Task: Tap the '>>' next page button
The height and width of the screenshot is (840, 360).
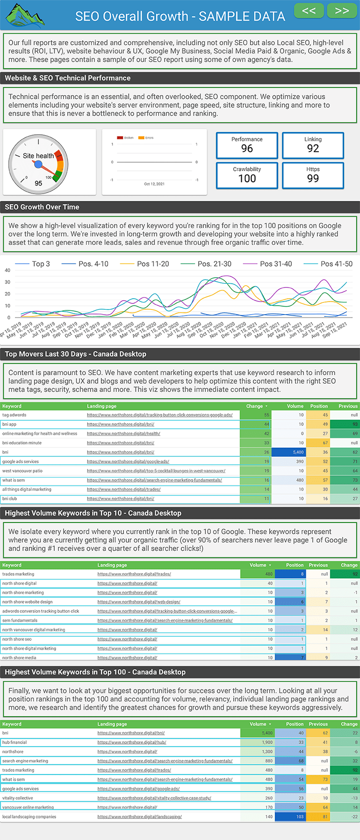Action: pos(342,11)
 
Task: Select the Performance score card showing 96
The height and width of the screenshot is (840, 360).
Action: pos(247,145)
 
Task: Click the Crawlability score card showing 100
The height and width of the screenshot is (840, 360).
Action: pos(247,175)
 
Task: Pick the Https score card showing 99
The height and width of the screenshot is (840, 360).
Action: pos(313,175)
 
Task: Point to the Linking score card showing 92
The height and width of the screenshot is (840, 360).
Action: pos(313,145)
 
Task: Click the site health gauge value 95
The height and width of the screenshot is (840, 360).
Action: pos(38,183)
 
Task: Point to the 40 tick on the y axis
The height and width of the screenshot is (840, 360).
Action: pos(7,270)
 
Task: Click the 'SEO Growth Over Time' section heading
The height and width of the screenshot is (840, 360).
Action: pos(42,207)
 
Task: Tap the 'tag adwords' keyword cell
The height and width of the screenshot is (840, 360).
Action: pos(14,415)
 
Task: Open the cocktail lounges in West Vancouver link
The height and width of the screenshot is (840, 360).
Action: pos(156,471)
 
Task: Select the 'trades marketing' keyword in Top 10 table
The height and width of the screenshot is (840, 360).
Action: pos(18,574)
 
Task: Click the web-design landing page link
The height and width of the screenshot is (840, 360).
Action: pos(139,602)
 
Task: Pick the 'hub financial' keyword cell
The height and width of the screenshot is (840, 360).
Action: pos(14,742)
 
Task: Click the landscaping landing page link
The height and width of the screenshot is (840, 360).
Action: pos(139,817)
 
